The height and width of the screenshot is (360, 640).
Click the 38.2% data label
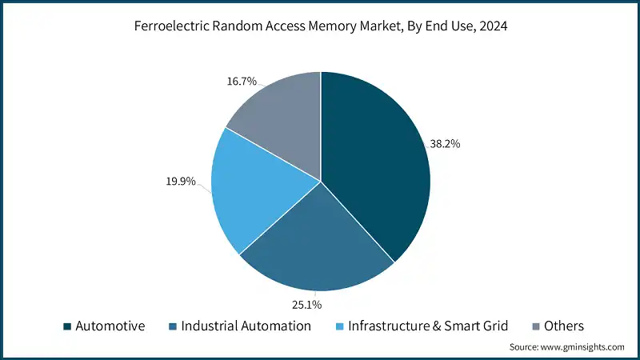pyautogui.click(x=445, y=144)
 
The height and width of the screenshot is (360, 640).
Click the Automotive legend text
pyautogui.click(x=111, y=326)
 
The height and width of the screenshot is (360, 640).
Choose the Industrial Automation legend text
pyautogui.click(x=246, y=326)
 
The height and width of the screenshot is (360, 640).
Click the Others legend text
pyautogui.click(x=564, y=326)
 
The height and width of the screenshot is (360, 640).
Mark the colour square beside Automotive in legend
pyautogui.click(x=68, y=326)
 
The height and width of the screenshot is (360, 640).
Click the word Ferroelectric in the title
pyautogui.click(x=172, y=26)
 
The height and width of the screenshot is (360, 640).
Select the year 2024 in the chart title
pyautogui.click(x=493, y=26)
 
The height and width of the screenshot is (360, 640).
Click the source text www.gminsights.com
pyautogui.click(x=583, y=347)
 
